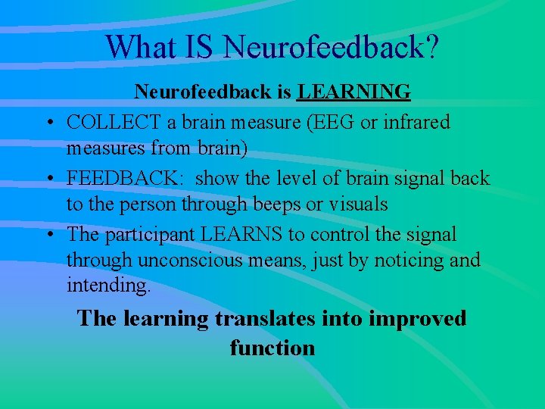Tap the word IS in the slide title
click(x=200, y=46)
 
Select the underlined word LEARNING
click(x=354, y=92)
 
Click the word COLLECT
click(x=112, y=122)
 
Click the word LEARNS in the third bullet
click(x=229, y=235)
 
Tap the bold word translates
click(x=264, y=319)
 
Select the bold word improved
click(x=417, y=319)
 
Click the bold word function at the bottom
click(x=272, y=348)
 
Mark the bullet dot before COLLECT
click(x=49, y=123)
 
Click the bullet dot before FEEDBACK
click(x=49, y=180)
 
